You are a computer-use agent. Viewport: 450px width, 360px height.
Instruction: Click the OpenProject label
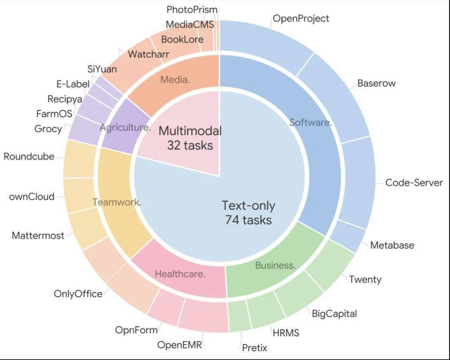(x=301, y=19)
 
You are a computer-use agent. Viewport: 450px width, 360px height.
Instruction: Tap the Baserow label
(x=376, y=83)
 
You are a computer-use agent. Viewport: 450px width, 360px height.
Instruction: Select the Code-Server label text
(x=414, y=183)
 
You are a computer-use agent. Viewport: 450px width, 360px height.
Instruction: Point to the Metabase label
(x=392, y=245)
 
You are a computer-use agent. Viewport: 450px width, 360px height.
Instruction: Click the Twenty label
(x=365, y=280)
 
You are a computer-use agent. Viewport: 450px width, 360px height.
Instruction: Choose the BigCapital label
(x=334, y=314)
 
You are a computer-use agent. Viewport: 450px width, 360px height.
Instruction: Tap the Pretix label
(x=255, y=348)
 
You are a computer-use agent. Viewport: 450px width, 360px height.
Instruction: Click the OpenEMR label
(x=180, y=345)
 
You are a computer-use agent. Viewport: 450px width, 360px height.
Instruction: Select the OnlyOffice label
(x=78, y=294)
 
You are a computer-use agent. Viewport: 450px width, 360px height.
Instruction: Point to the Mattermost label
(x=38, y=236)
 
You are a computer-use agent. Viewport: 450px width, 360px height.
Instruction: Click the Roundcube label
(x=29, y=157)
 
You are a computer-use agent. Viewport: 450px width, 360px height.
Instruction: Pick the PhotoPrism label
(x=192, y=10)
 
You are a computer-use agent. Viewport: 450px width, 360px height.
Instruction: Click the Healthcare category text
(x=180, y=274)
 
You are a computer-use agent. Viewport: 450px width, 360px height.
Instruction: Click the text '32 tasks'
(x=190, y=146)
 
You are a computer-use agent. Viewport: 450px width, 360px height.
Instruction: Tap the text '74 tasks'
(x=248, y=220)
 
